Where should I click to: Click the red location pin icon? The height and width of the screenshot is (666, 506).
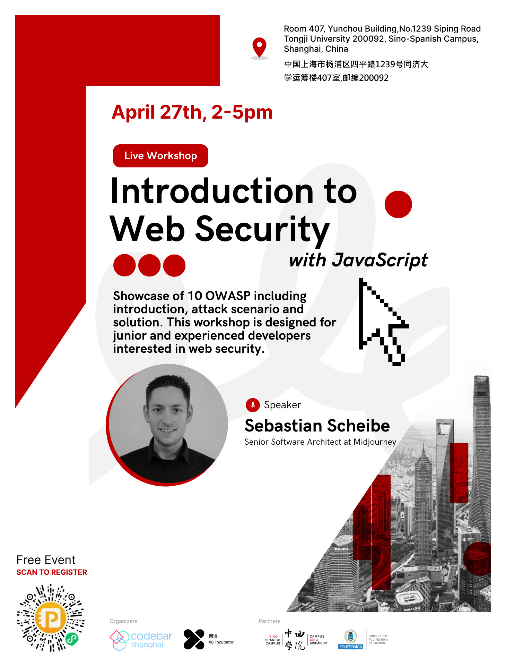click(259, 47)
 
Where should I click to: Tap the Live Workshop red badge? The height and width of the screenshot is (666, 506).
click(160, 156)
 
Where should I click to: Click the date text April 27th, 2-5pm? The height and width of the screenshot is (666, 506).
click(192, 112)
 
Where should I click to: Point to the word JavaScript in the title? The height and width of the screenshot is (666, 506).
click(380, 260)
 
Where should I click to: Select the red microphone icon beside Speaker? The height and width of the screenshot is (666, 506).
click(253, 405)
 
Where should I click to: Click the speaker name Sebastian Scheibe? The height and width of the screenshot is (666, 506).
click(317, 426)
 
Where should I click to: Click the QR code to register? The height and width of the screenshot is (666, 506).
click(51, 618)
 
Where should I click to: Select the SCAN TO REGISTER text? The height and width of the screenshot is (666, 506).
click(52, 572)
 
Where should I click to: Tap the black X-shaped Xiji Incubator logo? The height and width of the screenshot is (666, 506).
click(194, 639)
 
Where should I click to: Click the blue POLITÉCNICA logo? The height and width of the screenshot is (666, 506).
click(350, 639)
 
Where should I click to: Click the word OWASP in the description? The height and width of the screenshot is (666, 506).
click(228, 296)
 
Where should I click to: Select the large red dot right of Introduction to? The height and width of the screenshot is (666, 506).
click(398, 204)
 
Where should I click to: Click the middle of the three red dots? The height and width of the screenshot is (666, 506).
click(149, 265)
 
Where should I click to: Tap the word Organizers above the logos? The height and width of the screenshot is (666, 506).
click(123, 621)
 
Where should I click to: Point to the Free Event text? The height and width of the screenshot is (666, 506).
click(46, 560)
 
